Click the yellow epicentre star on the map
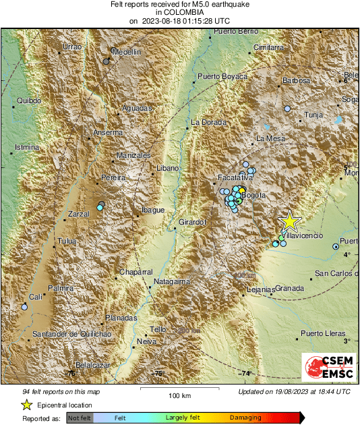coord(290,221)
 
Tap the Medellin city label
coord(126,52)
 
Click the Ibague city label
coord(152,210)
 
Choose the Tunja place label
coord(314,115)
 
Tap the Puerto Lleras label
coord(323,333)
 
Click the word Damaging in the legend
coord(245,418)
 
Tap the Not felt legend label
coord(80,418)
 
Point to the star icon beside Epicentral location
coord(26,405)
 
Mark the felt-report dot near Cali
coord(24,307)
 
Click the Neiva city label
coord(146,341)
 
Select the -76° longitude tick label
coord(70,373)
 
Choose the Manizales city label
coord(133,155)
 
